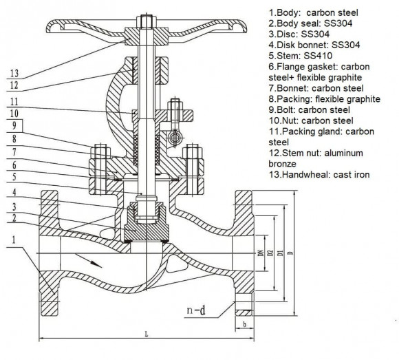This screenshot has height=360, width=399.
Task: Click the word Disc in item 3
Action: click(x=288, y=35)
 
